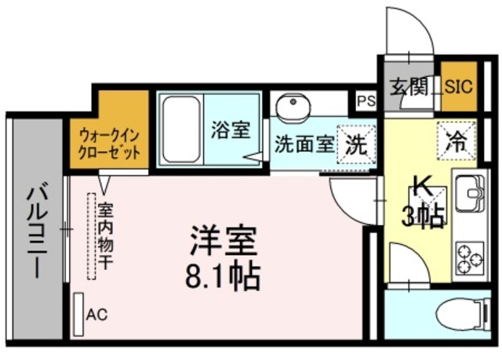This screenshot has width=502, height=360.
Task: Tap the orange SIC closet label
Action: tap(459, 85)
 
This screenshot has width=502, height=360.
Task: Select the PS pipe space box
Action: tap(366, 101)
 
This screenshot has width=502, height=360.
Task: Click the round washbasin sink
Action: tap(294, 107)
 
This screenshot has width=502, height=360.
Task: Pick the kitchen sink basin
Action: tap(471, 194)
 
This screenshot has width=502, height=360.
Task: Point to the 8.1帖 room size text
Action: tap(224, 275)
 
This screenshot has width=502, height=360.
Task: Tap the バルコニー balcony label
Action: tap(36, 231)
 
